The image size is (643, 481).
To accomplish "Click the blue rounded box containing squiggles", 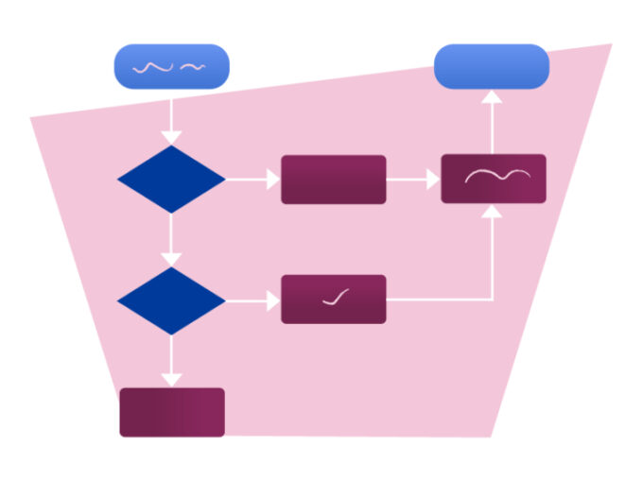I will pyautogui.click(x=171, y=66).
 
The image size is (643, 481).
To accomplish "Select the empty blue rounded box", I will pyautogui.click(x=491, y=66).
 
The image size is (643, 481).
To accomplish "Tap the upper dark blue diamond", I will pyautogui.click(x=171, y=179).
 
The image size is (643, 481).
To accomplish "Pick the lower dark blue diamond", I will pyautogui.click(x=171, y=300).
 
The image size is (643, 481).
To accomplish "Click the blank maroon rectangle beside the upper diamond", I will pyautogui.click(x=333, y=179).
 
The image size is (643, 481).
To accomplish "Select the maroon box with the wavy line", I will pyautogui.click(x=494, y=179).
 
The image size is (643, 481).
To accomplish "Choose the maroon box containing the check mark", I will pyautogui.click(x=333, y=300).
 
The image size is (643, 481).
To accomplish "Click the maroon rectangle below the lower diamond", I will pyautogui.click(x=172, y=412).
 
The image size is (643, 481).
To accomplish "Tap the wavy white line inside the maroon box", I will pyautogui.click(x=495, y=176).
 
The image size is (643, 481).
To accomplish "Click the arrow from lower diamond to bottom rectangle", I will pyautogui.click(x=171, y=360).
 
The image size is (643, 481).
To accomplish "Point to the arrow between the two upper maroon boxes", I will pyautogui.click(x=413, y=179).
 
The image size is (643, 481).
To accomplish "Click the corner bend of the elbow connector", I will pyautogui.click(x=491, y=300).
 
